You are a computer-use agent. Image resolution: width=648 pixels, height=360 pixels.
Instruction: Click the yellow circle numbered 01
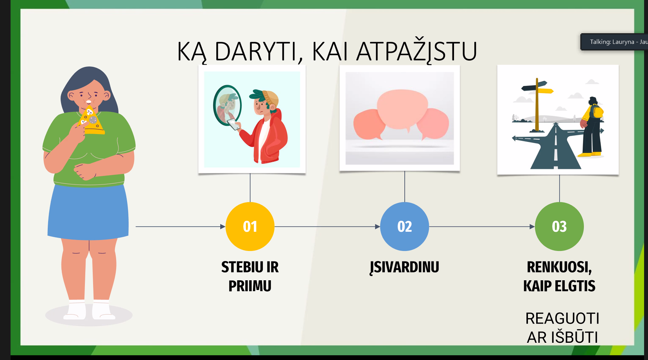coord(250,226)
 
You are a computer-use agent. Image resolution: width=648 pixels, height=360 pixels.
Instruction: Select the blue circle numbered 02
coord(404,226)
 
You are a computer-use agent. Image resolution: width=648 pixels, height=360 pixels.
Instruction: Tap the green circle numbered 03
coord(559,226)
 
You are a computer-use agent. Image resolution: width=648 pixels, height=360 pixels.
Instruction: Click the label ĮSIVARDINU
coord(404,267)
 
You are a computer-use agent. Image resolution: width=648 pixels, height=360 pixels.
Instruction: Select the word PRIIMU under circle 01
coord(250,286)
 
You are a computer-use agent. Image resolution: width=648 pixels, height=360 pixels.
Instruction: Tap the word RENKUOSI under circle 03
coord(559,267)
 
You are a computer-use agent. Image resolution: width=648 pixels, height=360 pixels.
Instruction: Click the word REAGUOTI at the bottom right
coord(562,318)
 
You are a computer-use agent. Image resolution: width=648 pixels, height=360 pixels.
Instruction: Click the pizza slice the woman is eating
coord(92,121)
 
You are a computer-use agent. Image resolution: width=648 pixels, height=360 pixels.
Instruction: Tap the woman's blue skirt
coord(88,212)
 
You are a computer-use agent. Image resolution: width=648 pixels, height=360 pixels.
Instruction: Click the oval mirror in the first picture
coord(227,105)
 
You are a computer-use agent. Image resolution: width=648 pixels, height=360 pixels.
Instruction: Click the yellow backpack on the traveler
coord(597,111)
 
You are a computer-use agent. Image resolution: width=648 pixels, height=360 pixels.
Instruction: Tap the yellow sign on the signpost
coord(546,91)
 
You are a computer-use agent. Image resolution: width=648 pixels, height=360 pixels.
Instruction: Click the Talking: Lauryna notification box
coord(614,42)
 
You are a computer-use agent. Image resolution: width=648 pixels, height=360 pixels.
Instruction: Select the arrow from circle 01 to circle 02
coord(327,227)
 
